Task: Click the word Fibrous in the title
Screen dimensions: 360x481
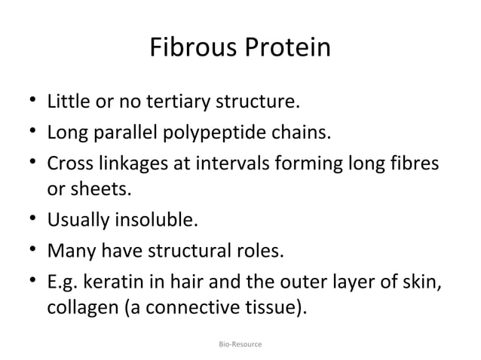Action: [x=192, y=48]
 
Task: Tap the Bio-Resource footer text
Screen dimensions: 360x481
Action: [x=240, y=343]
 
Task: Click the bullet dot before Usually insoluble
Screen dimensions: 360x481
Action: [x=32, y=220]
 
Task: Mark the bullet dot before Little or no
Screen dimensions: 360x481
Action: [x=32, y=99]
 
